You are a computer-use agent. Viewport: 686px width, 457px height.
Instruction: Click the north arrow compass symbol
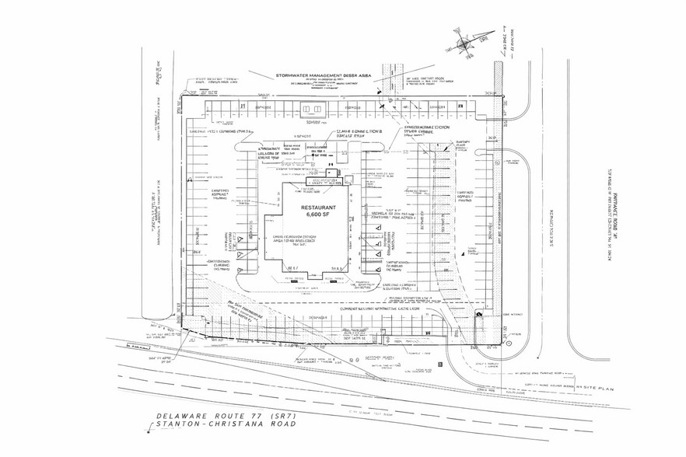pyautogui.click(x=463, y=35)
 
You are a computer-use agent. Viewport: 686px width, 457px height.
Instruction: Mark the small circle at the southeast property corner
pyautogui.click(x=503, y=341)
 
